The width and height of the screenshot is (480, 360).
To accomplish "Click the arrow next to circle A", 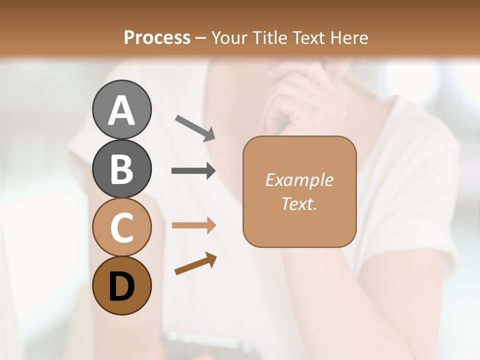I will [x=195, y=127].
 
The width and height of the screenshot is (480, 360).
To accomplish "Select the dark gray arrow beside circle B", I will [x=193, y=171].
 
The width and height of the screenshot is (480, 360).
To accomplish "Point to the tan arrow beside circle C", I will [x=193, y=225].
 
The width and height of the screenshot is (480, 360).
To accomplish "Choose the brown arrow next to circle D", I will [x=195, y=263].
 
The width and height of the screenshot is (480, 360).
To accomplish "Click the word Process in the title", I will [x=157, y=37].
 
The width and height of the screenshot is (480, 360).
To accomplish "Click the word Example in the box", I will [x=299, y=180].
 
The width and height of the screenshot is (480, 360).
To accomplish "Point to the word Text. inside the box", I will [x=299, y=203].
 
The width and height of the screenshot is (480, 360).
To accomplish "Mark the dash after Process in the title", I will [x=200, y=38].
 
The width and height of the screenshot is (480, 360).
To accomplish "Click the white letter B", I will [x=121, y=169].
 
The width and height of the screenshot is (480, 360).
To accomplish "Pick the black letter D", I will [x=121, y=286].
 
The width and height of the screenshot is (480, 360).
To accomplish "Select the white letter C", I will [x=121, y=228].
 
